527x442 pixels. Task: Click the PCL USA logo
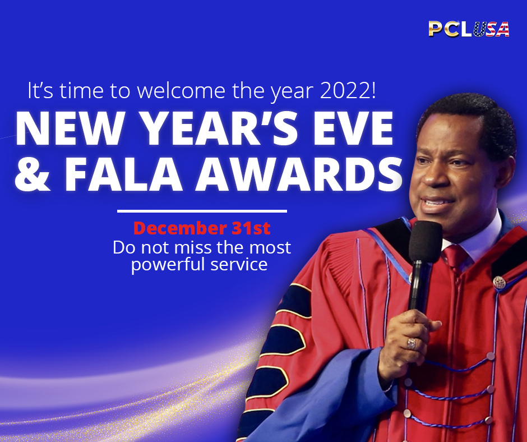[469, 29]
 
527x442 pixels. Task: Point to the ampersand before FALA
[33, 174]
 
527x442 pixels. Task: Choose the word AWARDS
[299, 174]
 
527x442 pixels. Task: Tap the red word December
[180, 229]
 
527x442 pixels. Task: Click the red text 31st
[251, 228]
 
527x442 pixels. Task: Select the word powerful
[168, 264]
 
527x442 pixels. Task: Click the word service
[239, 264]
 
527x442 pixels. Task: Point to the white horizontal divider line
[202, 211]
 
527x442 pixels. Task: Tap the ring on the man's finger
[412, 343]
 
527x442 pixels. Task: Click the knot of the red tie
[455, 256]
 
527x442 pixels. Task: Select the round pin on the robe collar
[500, 282]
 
